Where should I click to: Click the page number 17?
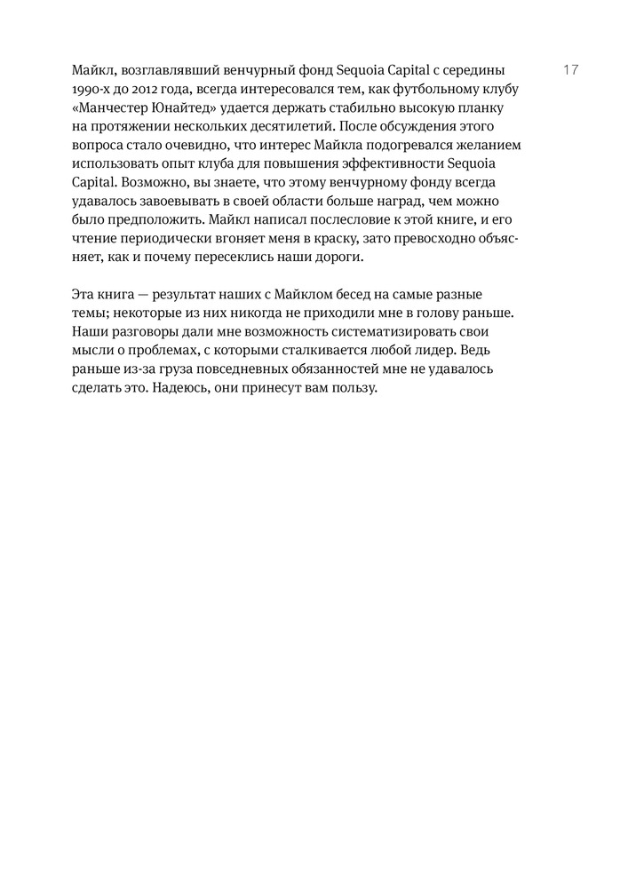571,69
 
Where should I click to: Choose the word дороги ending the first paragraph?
333,258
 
